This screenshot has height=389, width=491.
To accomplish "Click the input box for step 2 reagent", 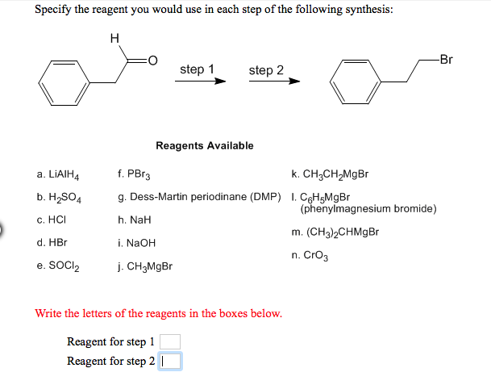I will [x=170, y=361].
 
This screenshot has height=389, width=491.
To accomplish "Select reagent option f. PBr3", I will [x=135, y=174].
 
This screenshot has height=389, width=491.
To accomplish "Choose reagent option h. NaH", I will [x=135, y=220].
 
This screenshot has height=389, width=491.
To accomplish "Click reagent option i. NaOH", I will [x=137, y=242].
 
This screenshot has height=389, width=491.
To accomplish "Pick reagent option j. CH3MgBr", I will [x=146, y=266].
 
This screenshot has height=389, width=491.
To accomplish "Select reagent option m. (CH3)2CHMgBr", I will [x=335, y=232].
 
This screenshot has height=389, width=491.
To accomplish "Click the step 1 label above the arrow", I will [x=197, y=69].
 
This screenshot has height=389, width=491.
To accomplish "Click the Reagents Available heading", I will [x=204, y=145].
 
